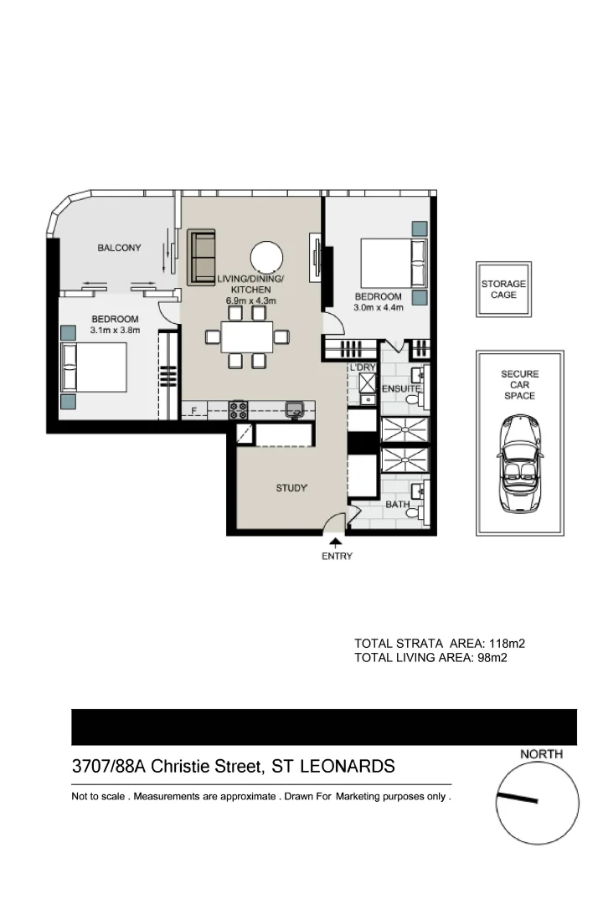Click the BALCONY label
[119, 248]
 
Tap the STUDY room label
[292, 487]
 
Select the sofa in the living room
[202, 257]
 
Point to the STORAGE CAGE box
[503, 290]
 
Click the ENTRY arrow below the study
[336, 543]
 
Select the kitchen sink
[295, 409]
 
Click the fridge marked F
[194, 410]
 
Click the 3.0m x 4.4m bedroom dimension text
[379, 308]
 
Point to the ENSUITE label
[401, 389]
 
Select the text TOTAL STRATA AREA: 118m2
[440, 644]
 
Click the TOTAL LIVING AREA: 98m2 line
[432, 659]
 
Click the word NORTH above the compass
[542, 754]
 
